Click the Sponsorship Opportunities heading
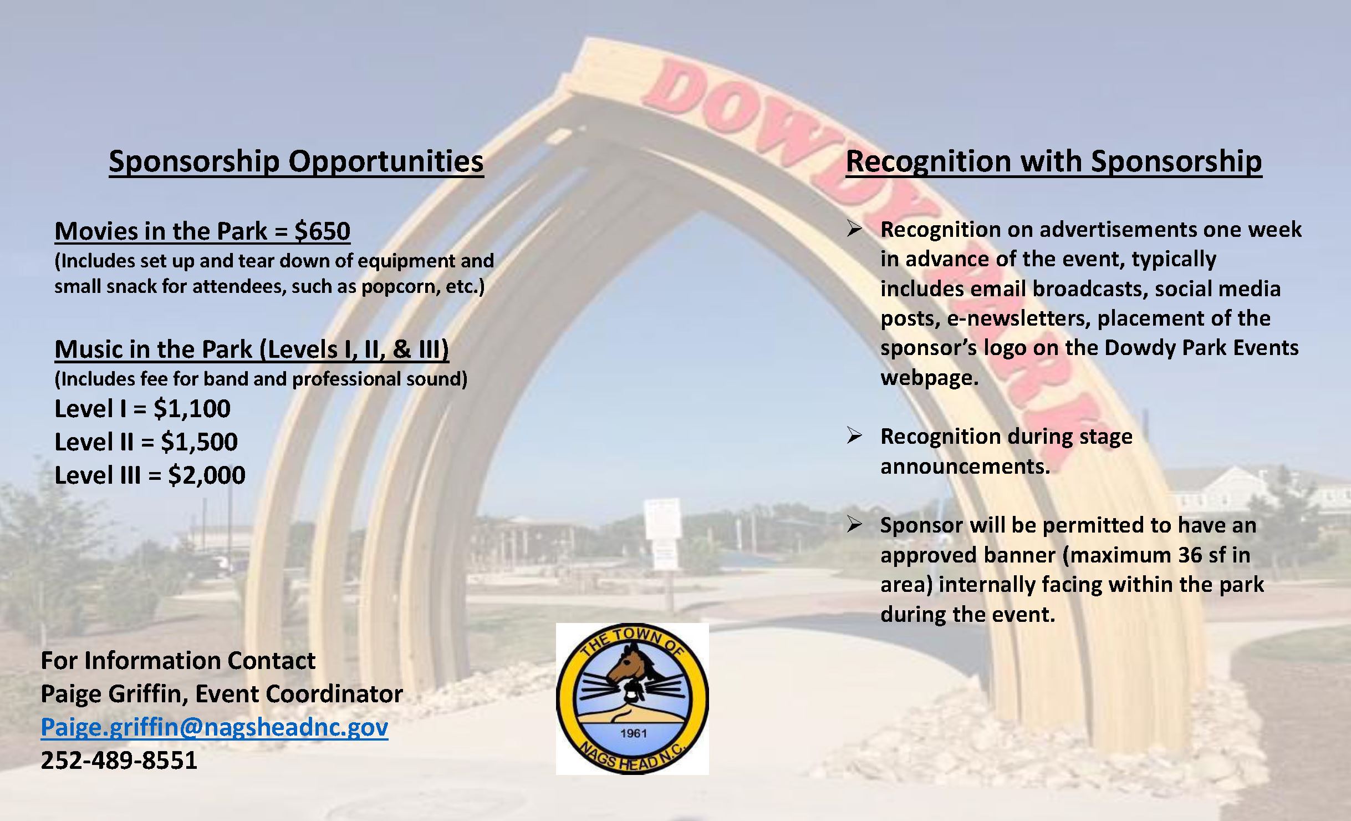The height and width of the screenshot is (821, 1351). pyautogui.click(x=296, y=162)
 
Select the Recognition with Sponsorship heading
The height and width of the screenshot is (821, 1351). pyautogui.click(x=1054, y=162)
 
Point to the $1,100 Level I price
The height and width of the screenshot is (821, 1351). pyautogui.click(x=192, y=409)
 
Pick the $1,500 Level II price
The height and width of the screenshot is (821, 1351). pyautogui.click(x=199, y=442)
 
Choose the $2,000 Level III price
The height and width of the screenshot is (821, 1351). pyautogui.click(x=207, y=475)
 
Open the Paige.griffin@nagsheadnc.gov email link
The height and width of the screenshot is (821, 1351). pyautogui.click(x=215, y=727)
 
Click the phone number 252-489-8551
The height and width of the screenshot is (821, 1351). pyautogui.click(x=119, y=761)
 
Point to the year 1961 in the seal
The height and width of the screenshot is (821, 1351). pyautogui.click(x=634, y=733)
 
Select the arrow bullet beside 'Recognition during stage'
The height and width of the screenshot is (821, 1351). pyautogui.click(x=854, y=436)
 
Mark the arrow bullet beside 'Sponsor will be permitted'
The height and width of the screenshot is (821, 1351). pyautogui.click(x=854, y=525)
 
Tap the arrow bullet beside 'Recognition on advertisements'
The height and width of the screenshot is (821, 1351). pyautogui.click(x=854, y=229)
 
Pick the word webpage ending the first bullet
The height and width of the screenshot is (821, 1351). pyautogui.click(x=929, y=378)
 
